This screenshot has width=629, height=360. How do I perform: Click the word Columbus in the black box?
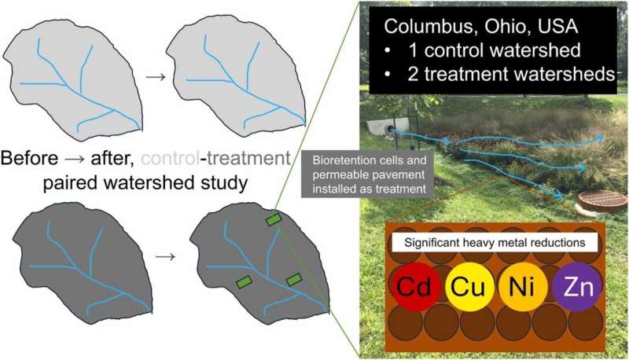click(421, 25)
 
